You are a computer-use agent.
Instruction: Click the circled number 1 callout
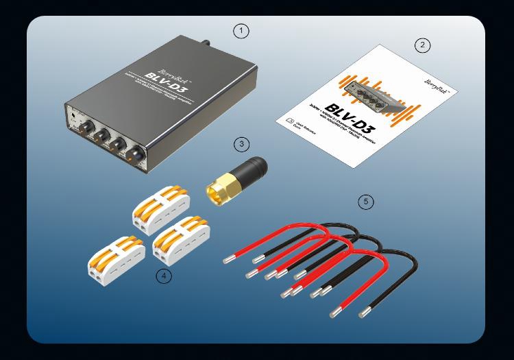coord(240,31)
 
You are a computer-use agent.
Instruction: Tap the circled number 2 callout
coord(423,45)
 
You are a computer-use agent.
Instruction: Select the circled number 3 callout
coord(241,144)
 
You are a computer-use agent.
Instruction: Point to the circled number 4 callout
coord(164,276)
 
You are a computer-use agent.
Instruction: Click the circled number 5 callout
coord(367,202)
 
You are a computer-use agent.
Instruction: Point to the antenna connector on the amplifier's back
coord(206,43)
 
